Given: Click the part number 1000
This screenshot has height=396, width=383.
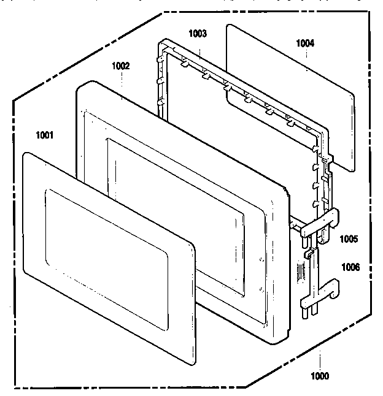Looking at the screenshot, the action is tap(320, 376).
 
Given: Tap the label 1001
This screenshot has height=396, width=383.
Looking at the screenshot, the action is tap(45, 135).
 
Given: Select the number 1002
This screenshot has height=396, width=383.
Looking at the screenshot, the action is tap(120, 66).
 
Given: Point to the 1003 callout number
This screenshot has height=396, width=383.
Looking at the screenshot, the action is tap(198, 33).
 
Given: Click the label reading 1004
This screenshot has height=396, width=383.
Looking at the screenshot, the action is tap(305, 43).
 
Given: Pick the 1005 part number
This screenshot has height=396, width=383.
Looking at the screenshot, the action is tap(349, 239).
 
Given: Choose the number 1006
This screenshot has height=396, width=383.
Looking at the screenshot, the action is tap(350, 267).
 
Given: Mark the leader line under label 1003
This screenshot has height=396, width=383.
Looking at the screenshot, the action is tap(199, 54).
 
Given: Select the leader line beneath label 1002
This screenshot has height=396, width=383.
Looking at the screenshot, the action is tap(122, 86).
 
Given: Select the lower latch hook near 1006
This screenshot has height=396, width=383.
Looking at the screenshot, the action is tap(320, 293).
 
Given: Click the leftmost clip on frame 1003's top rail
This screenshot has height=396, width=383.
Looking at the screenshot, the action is tap(184, 63).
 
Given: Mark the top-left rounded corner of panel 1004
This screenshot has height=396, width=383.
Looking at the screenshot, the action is tap(228, 26).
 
